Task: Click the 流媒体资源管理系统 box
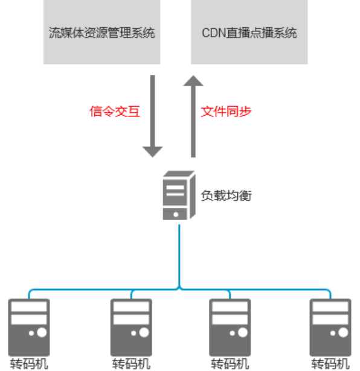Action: point(101,32)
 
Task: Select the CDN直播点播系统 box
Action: point(249,32)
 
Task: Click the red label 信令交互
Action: point(114,112)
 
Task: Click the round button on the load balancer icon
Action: point(176,214)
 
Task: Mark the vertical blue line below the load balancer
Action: point(179,253)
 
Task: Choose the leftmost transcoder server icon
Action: point(29,326)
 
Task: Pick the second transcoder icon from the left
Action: point(130,326)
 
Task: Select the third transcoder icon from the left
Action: point(230,326)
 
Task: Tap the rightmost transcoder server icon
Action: point(330,326)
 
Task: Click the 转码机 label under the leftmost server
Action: point(29,364)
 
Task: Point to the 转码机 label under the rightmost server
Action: point(330,364)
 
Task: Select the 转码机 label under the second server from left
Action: point(130,364)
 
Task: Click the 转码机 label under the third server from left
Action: point(230,364)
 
